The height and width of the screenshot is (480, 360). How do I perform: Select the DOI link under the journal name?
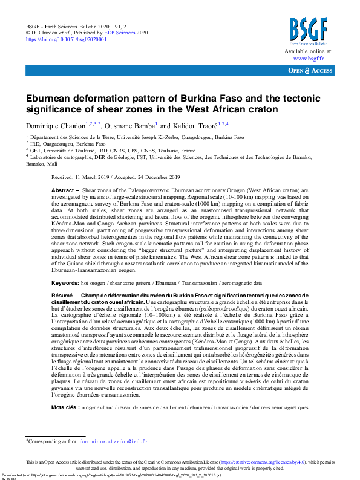66,39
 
